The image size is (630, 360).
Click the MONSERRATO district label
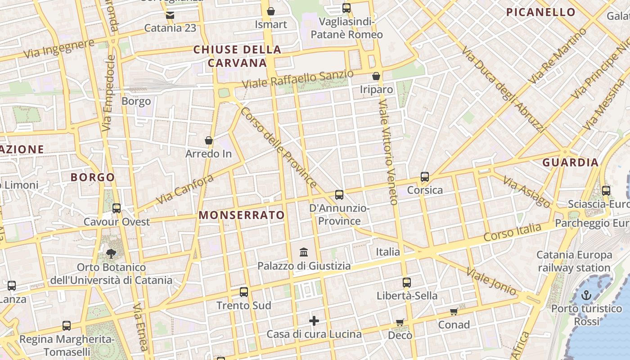pyautogui.click(x=242, y=215)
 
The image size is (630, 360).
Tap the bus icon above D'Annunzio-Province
pyautogui.click(x=339, y=195)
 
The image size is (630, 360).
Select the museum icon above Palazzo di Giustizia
pyautogui.click(x=304, y=252)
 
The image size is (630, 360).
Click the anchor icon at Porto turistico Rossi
pyautogui.click(x=586, y=296)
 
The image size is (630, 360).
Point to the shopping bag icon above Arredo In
pyautogui.click(x=209, y=141)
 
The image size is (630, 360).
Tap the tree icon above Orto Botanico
pyautogui.click(x=111, y=254)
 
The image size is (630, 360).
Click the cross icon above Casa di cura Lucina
pyautogui.click(x=314, y=321)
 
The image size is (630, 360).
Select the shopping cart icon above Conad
pyautogui.click(x=454, y=311)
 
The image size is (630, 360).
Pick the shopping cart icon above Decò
pyautogui.click(x=400, y=322)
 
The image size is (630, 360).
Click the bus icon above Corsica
pyautogui.click(x=425, y=177)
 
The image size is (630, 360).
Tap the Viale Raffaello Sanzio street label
pyautogui.click(x=298, y=79)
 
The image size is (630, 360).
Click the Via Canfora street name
pyautogui.click(x=184, y=189)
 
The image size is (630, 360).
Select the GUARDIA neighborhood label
pyautogui.click(x=570, y=162)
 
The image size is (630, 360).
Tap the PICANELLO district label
pyautogui.click(x=541, y=12)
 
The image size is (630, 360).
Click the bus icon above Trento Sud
pyautogui.click(x=244, y=292)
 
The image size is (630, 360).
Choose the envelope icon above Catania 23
pyautogui.click(x=170, y=15)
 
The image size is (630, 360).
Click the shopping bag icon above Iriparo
pyautogui.click(x=376, y=76)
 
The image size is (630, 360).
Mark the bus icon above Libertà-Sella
pyautogui.click(x=407, y=283)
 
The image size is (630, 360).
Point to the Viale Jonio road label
pyautogui.click(x=491, y=282)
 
